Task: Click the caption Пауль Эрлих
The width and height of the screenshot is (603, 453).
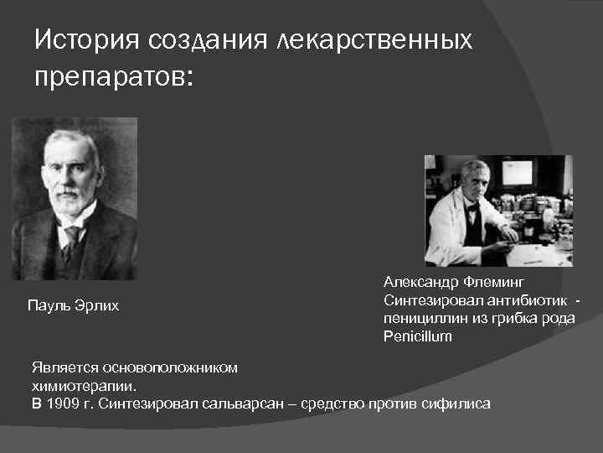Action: pyautogui.click(x=74, y=306)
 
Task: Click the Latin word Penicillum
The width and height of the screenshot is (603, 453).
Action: pyautogui.click(x=417, y=336)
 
